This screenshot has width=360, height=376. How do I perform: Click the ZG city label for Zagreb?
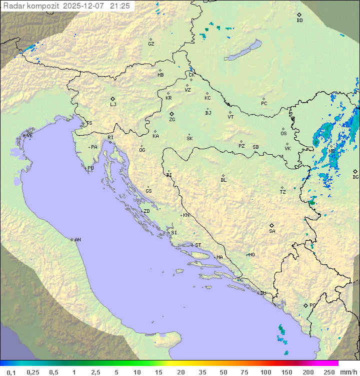[x=172, y=120]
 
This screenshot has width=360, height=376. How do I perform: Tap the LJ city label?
[x=113, y=104]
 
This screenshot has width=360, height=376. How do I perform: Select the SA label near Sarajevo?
[x=272, y=231]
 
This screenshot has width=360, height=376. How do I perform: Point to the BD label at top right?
[x=299, y=21]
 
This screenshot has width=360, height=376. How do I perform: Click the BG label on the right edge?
[x=355, y=177]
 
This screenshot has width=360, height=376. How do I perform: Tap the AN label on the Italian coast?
[x=77, y=240]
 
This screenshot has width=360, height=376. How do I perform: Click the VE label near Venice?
[x=29, y=136]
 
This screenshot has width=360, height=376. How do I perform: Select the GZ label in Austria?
[x=151, y=44]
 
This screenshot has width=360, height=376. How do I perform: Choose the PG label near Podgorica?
[x=312, y=305]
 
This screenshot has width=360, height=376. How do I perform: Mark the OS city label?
[x=283, y=133]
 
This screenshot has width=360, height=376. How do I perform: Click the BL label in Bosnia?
[x=223, y=180]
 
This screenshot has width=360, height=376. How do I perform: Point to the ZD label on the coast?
[x=146, y=211]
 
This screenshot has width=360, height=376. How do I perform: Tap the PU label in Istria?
[x=90, y=168]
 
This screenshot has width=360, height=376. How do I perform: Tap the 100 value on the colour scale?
[x=265, y=372]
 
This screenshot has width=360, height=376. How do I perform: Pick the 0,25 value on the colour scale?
[x=33, y=372]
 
